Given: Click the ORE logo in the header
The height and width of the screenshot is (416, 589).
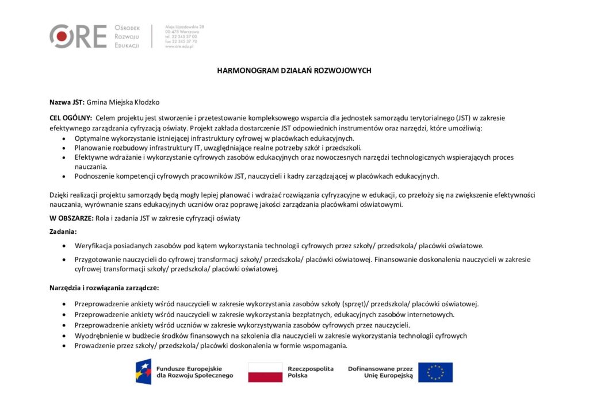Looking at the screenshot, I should click(x=78, y=36).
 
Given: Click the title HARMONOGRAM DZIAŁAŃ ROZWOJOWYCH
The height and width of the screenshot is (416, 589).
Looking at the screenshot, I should click(x=294, y=71).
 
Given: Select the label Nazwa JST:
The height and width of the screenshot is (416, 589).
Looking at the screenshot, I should click(x=67, y=102).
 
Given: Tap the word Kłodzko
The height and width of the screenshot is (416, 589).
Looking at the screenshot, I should click(x=146, y=102).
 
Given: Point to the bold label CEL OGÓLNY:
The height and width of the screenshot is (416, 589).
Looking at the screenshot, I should click(x=71, y=118).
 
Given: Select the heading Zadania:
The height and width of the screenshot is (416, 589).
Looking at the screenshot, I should click(x=63, y=232).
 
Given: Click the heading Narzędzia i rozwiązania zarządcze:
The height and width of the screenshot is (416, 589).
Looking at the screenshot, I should click(x=104, y=287).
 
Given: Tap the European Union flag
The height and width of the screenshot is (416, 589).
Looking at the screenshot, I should click(x=435, y=372).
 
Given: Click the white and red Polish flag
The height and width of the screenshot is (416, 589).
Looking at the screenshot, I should click(x=265, y=372).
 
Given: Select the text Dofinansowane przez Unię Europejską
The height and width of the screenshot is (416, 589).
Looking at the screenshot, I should click(x=380, y=372).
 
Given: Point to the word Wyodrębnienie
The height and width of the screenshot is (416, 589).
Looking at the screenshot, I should click(x=97, y=336).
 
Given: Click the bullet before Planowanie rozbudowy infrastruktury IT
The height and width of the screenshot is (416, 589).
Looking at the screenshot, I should click(x=63, y=148).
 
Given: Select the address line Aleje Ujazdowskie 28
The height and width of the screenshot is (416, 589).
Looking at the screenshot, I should click(x=185, y=27).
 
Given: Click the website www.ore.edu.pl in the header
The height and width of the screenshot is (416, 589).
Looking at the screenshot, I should click(x=179, y=47).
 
